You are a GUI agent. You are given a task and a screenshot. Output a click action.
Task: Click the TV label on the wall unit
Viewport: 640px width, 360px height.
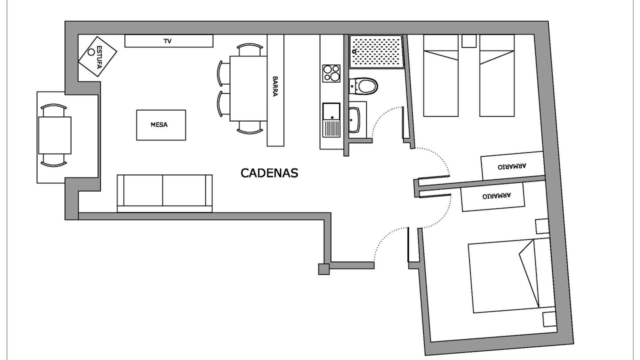(167, 41)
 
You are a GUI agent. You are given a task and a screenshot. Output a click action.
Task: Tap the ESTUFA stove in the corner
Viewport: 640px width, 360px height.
(97, 56)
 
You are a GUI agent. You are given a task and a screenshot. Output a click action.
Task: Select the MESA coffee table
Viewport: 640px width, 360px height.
(161, 125)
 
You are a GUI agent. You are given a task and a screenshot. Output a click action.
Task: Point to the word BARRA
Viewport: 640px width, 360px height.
(275, 86)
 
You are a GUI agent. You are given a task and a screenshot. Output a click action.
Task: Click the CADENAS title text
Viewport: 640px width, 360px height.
(269, 173)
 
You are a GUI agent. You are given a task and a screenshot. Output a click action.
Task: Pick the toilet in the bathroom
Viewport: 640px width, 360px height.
(363, 86)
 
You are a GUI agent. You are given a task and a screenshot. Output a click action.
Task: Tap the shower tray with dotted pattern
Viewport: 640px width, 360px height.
(377, 51)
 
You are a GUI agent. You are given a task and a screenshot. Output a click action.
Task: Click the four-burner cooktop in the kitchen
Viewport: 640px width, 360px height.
(331, 73)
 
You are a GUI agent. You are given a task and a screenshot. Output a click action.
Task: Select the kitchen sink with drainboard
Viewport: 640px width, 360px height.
(331, 120)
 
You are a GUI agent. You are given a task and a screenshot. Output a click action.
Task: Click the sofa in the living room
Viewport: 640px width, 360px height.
(164, 193)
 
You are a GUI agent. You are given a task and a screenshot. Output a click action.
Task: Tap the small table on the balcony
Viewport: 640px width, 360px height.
(54, 135)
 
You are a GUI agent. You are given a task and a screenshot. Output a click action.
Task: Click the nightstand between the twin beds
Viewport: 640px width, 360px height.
(469, 41)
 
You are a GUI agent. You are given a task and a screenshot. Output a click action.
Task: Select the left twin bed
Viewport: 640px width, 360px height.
(441, 75)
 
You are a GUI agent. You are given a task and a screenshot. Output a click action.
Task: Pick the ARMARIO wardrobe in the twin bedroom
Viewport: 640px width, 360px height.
(512, 166)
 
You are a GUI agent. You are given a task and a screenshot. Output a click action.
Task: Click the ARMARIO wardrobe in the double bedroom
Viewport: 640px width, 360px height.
(493, 197)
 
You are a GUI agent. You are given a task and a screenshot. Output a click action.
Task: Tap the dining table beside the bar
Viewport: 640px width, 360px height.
(248, 88)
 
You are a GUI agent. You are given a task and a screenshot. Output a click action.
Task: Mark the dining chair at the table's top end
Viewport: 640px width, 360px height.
(249, 49)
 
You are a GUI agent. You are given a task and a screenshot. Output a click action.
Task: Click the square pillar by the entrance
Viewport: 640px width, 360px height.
(324, 269)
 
